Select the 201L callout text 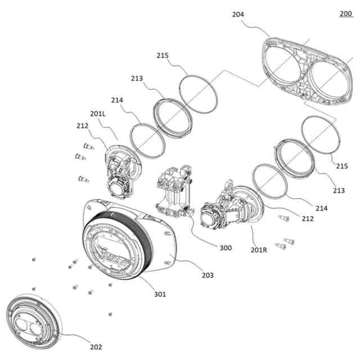(97, 114)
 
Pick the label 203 (208, 275)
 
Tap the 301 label (160, 294)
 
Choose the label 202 (96, 346)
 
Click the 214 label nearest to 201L (117, 100)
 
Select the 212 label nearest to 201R (308, 218)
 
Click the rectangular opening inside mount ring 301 (115, 253)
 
